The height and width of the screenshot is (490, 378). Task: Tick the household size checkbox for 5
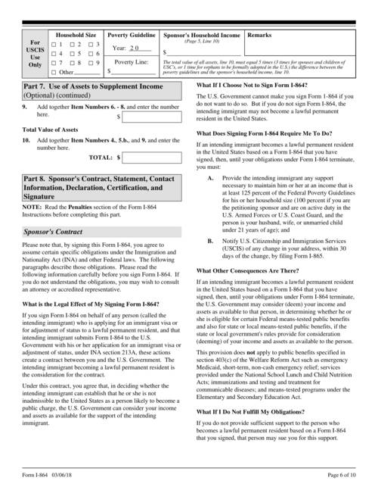click(73, 54)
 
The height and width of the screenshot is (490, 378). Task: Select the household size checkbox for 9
click(91, 63)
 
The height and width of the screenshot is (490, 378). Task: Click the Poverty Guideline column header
click(132, 36)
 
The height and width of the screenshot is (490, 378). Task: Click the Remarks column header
click(259, 36)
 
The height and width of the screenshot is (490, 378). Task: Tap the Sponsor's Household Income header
click(202, 36)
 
